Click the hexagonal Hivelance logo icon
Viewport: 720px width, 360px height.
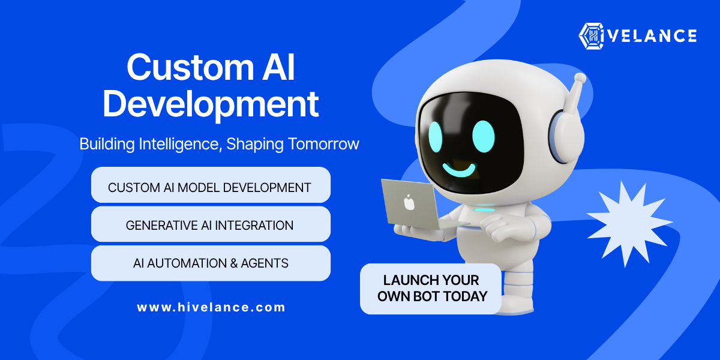click(591, 36)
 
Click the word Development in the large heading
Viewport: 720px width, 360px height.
click(211, 104)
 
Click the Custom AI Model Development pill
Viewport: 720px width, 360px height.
click(211, 185)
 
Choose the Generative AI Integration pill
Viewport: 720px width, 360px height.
click(211, 224)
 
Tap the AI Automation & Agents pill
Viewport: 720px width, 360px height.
click(211, 263)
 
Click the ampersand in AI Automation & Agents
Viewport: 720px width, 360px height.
click(234, 263)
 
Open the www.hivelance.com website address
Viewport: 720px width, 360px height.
click(211, 307)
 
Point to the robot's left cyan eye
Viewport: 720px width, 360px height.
click(436, 137)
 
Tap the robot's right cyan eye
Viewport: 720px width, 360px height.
click(484, 136)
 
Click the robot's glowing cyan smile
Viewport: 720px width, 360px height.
click(460, 170)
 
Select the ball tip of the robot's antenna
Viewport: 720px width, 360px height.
click(580, 78)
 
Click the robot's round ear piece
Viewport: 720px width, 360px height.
click(566, 136)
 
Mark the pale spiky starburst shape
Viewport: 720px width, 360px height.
click(628, 224)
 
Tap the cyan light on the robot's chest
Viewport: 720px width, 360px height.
click(484, 210)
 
